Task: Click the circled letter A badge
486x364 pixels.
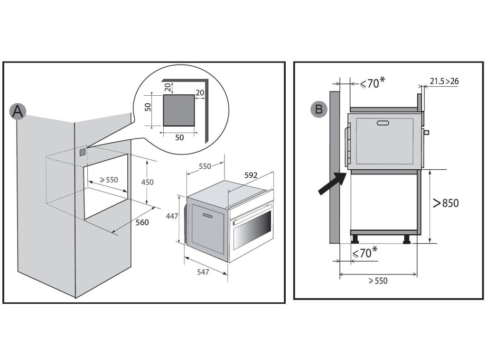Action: (x=18, y=111)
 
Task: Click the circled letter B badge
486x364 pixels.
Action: (x=319, y=109)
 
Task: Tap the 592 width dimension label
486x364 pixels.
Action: (x=251, y=175)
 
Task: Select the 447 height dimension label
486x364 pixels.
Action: (x=171, y=216)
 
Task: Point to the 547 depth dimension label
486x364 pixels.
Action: (x=203, y=272)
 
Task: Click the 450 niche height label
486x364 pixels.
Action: (x=148, y=182)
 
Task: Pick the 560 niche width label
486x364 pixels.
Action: (x=142, y=222)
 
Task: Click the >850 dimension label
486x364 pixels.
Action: (x=446, y=203)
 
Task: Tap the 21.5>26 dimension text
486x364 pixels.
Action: (x=444, y=82)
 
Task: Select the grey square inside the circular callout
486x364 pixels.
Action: (x=179, y=110)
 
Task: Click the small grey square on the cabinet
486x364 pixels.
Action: (x=83, y=152)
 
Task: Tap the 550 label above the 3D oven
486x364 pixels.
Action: (x=205, y=166)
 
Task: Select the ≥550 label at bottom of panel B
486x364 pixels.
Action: (x=378, y=281)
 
